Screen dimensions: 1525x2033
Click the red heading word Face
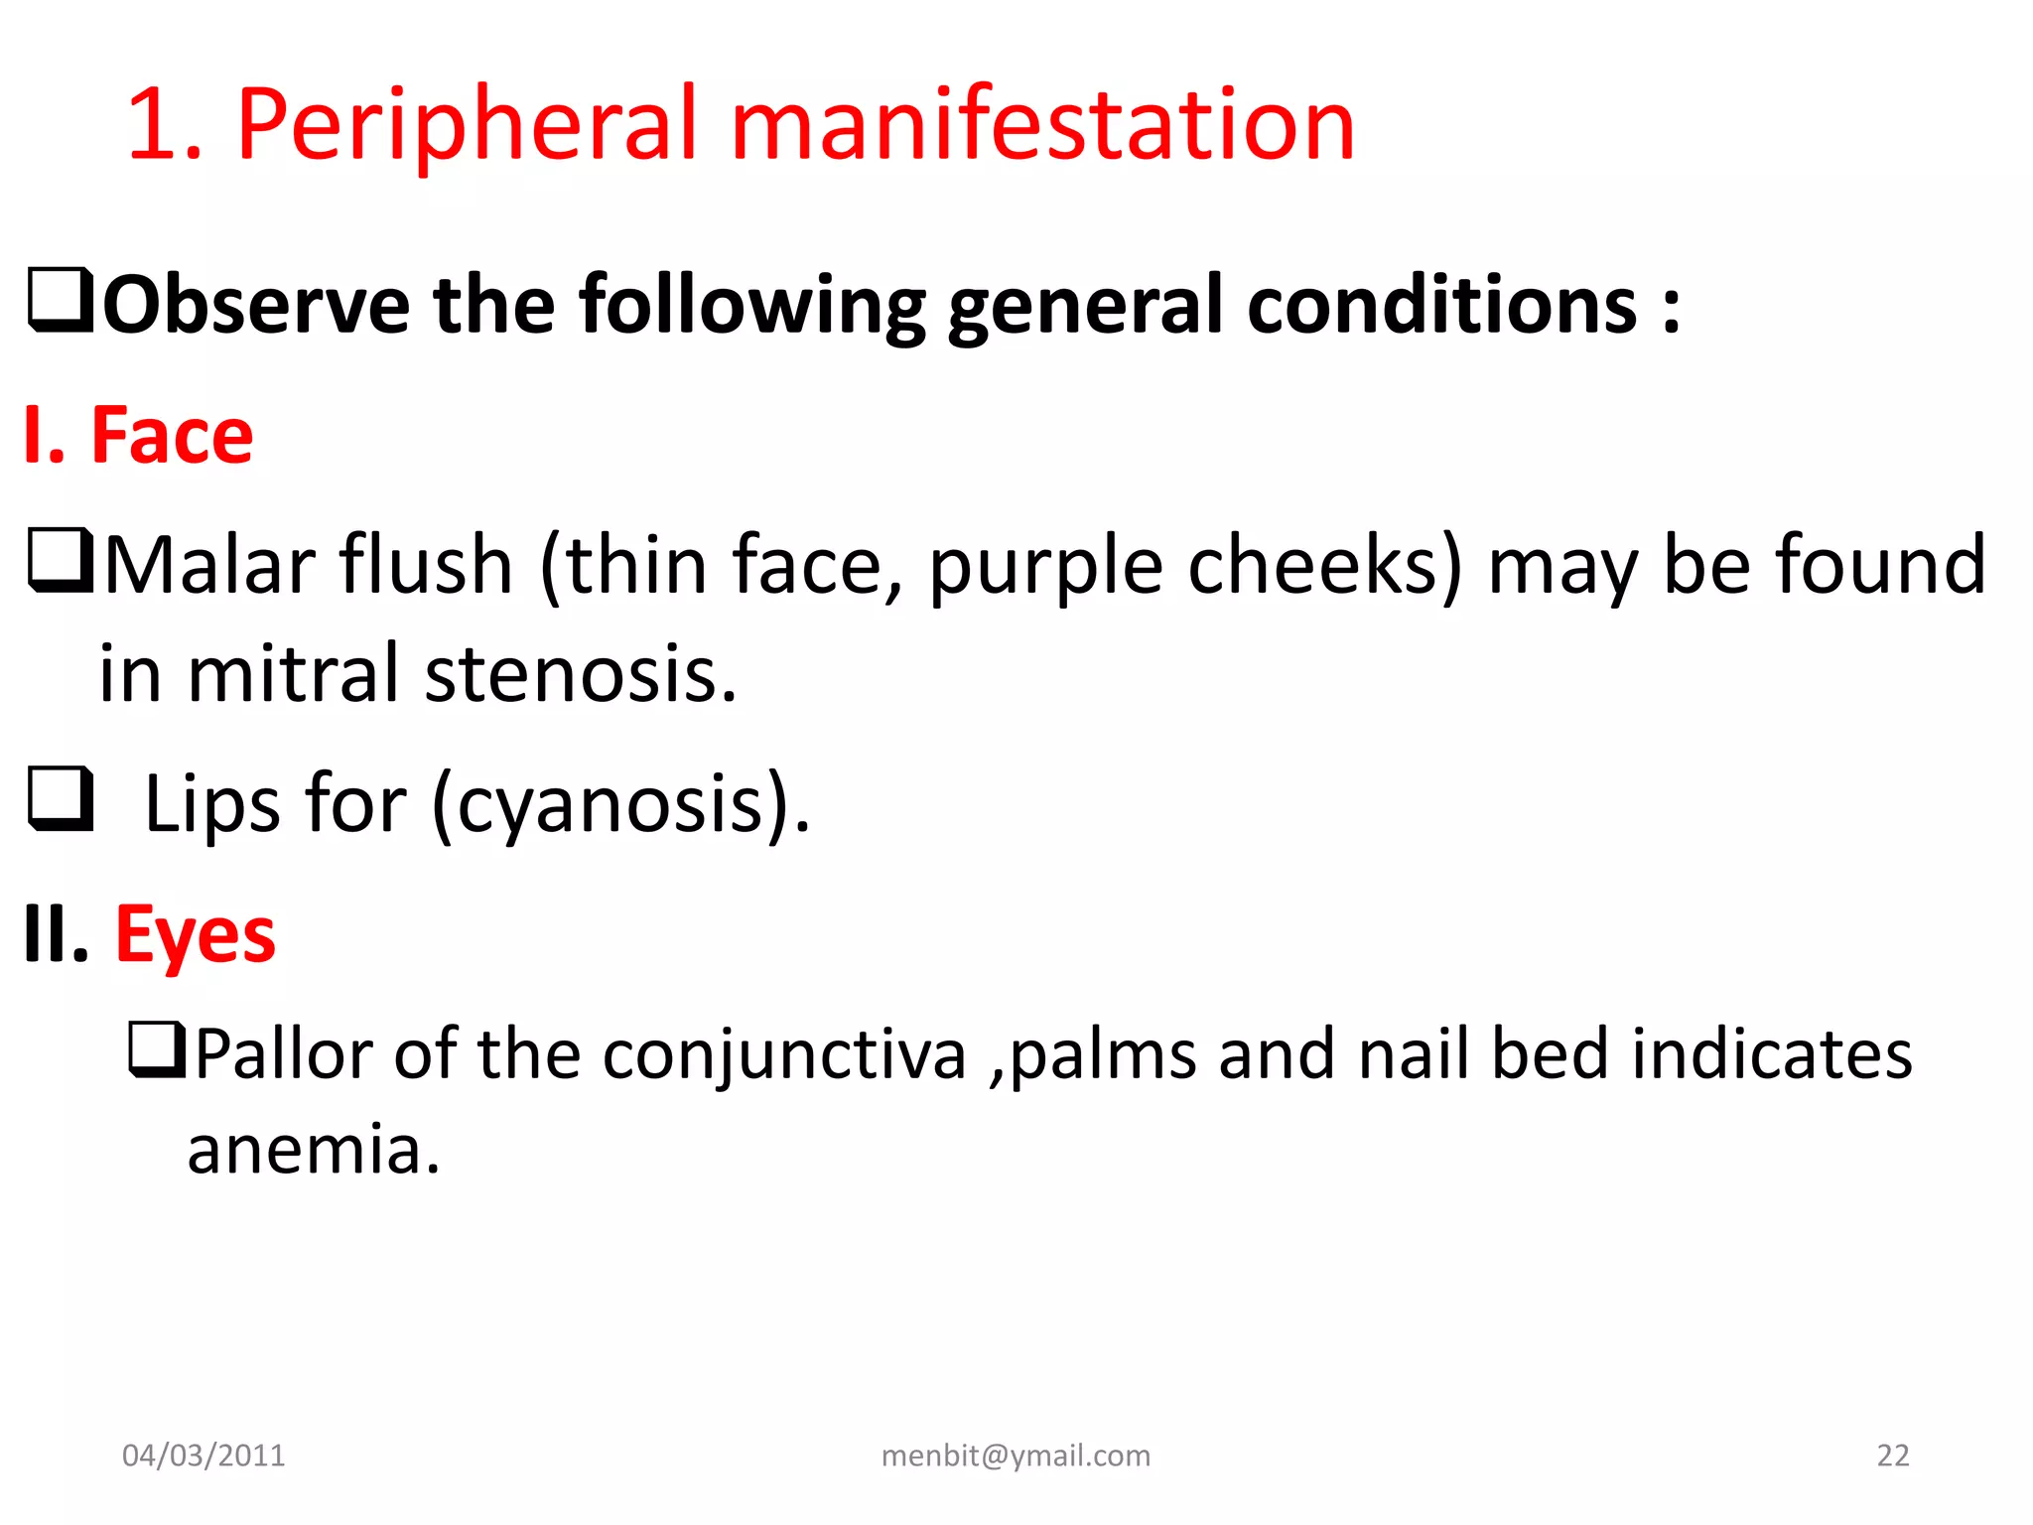(172, 436)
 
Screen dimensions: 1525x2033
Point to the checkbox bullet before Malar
(61, 561)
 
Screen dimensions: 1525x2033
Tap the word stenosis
(581, 675)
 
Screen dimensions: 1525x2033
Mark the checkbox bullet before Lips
(61, 799)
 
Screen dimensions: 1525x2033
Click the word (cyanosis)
(621, 804)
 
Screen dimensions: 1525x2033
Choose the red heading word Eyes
(196, 936)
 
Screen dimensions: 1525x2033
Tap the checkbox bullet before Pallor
(157, 1050)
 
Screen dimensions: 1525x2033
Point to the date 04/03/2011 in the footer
(203, 1456)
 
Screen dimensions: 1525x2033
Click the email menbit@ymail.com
(1016, 1456)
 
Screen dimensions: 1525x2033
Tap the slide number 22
(1893, 1456)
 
